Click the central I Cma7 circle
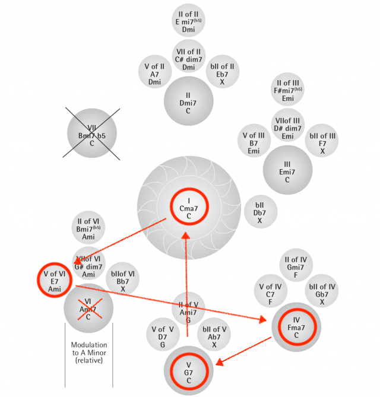(x=189, y=209)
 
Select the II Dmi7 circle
(x=189, y=101)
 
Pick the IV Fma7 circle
(x=296, y=326)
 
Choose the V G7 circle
(x=188, y=371)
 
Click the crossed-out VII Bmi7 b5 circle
(x=92, y=134)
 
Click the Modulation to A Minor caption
(x=88, y=352)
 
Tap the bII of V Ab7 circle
(x=214, y=337)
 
